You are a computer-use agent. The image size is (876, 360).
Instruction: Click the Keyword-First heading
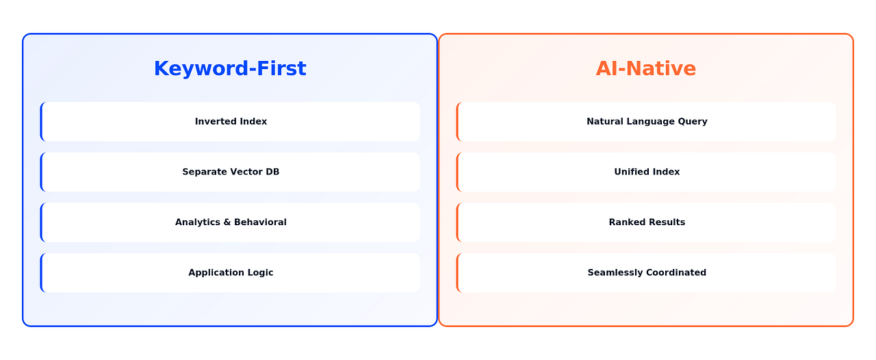coord(230,68)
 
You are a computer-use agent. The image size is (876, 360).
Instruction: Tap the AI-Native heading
coord(645,68)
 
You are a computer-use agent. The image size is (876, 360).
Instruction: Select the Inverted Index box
coord(231,122)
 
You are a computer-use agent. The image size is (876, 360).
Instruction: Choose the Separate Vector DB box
coord(231,172)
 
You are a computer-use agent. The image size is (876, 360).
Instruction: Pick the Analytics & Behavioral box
coord(231,222)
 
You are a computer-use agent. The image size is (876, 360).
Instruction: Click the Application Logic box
coord(231,272)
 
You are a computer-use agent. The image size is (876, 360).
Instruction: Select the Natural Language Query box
coord(647,122)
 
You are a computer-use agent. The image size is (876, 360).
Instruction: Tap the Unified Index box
coord(647,172)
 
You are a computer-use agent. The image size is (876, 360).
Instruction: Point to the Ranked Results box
coord(647,222)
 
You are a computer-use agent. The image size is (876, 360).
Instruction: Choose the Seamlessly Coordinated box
coord(647,272)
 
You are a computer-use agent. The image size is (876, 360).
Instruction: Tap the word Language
coord(649,122)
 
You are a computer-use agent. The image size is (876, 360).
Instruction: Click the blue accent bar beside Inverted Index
coord(42,122)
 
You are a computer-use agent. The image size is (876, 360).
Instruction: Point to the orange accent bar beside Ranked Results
coord(458,222)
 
